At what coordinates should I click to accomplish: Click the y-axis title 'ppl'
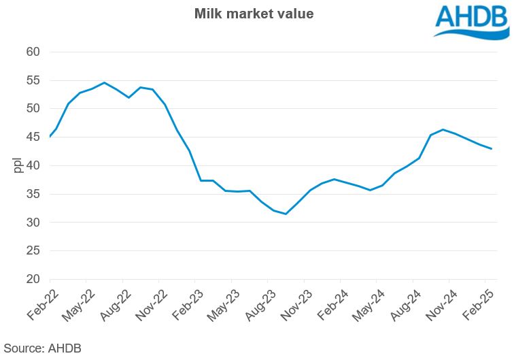tap(18, 165)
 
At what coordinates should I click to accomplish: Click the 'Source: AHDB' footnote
tap(42, 347)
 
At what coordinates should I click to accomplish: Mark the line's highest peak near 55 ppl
tap(104, 83)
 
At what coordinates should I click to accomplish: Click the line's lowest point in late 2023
tap(286, 214)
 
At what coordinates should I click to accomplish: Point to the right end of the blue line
tap(492, 149)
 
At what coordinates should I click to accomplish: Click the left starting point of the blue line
tap(50, 137)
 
